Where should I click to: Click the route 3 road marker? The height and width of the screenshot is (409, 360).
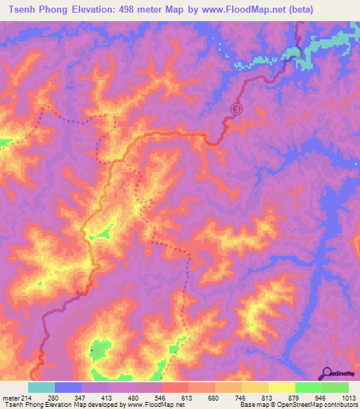click(x=237, y=109)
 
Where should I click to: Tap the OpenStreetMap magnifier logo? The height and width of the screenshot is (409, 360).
click(x=326, y=372)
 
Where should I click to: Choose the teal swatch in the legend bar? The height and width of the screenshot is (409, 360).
click(x=41, y=387)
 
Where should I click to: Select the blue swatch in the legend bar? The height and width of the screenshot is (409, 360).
click(x=67, y=387)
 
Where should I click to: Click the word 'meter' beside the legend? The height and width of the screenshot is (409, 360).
click(x=11, y=397)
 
